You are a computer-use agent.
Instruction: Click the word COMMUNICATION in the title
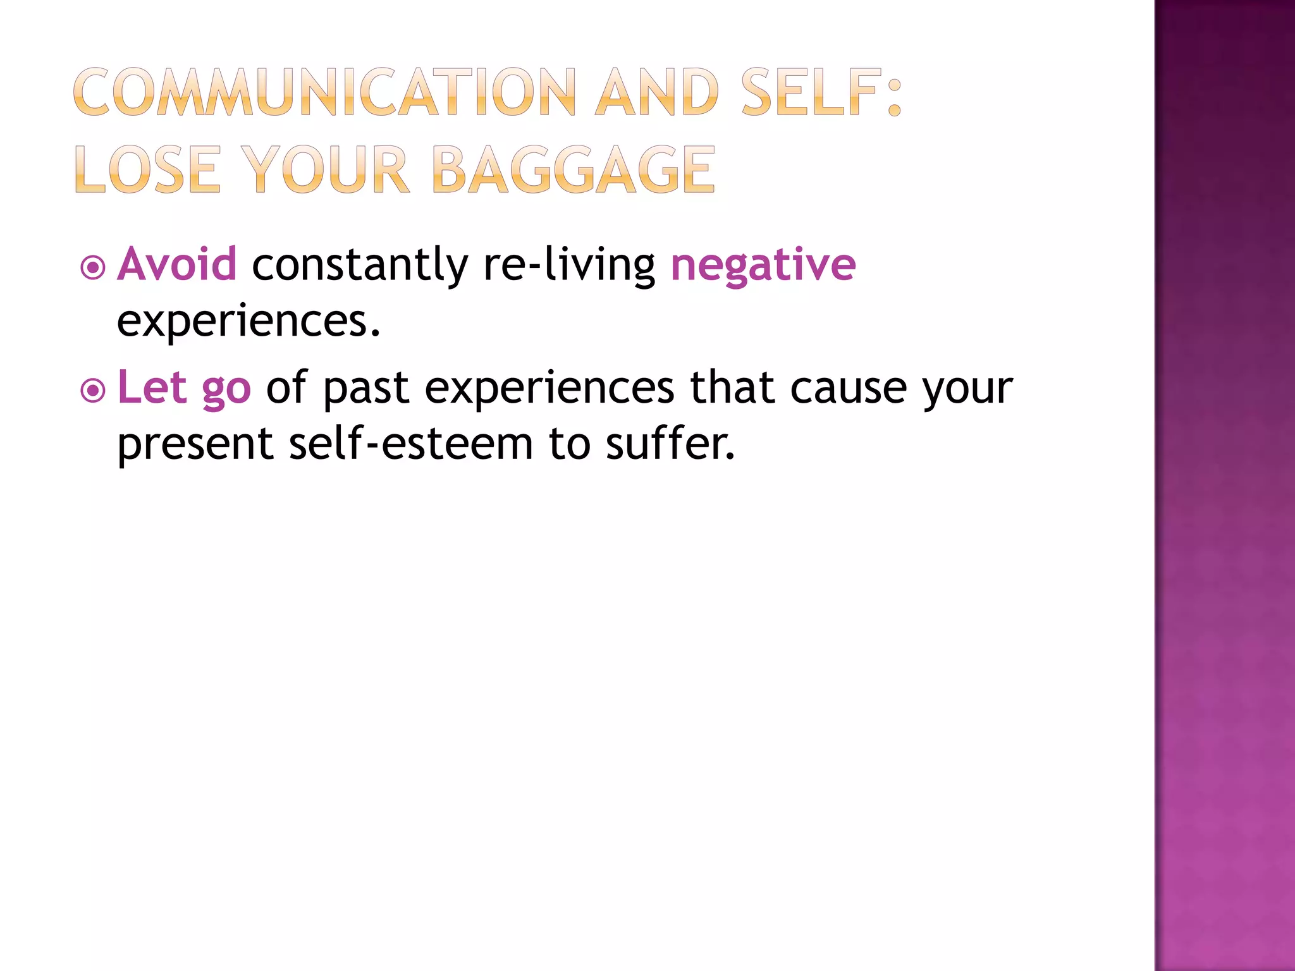pyautogui.click(x=324, y=93)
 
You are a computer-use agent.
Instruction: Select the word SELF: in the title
pyautogui.click(x=821, y=93)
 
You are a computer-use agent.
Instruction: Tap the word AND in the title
pyautogui.click(x=657, y=93)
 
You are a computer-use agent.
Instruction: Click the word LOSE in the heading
pyautogui.click(x=147, y=169)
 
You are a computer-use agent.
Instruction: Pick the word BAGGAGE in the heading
pyautogui.click(x=574, y=169)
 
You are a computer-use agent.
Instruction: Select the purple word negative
pyautogui.click(x=763, y=265)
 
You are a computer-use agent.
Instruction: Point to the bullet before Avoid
pyautogui.click(x=93, y=268)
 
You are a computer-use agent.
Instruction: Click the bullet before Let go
pyautogui.click(x=93, y=391)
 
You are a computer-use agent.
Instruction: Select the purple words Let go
pyautogui.click(x=184, y=388)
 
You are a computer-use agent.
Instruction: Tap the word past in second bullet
pyautogui.click(x=365, y=389)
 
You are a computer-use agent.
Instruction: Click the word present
pyautogui.click(x=195, y=444)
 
